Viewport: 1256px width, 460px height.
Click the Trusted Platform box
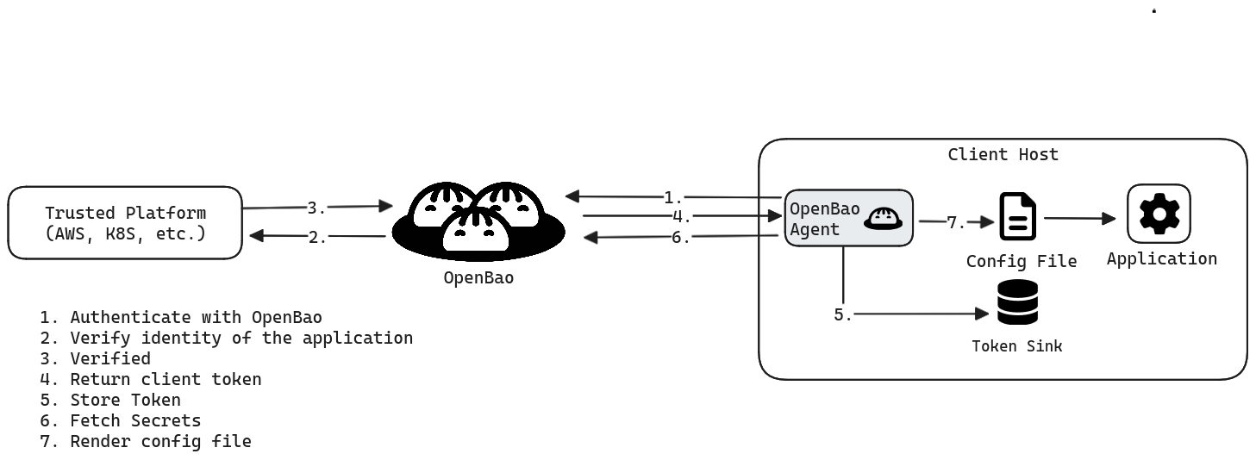[125, 222]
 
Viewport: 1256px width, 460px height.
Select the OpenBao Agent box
[848, 219]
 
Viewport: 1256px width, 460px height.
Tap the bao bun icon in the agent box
[884, 218]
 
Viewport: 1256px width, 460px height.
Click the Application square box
[1159, 213]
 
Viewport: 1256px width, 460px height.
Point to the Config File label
[1021, 261]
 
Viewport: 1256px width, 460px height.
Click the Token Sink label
[1016, 346]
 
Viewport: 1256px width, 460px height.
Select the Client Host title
[1003, 155]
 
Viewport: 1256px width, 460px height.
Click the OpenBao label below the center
[478, 278]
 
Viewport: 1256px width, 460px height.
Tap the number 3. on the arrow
[316, 208]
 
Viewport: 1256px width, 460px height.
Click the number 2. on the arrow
[318, 237]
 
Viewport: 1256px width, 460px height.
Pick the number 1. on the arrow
[673, 197]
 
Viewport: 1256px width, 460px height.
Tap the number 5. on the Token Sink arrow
[842, 315]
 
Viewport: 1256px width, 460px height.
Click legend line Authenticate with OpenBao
[181, 317]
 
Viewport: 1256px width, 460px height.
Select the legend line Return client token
[151, 379]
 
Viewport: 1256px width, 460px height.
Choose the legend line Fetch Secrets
[121, 420]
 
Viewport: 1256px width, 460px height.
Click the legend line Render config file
[146, 441]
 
